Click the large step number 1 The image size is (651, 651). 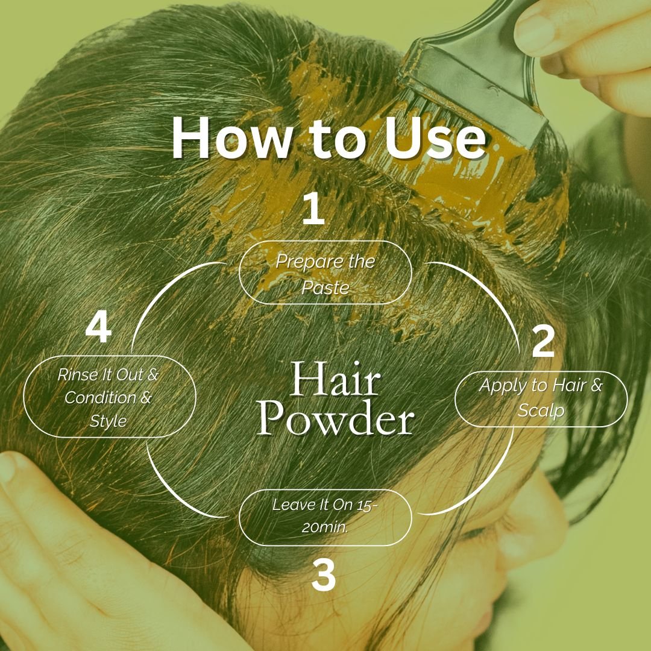point(313,209)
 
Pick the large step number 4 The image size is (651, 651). point(98,329)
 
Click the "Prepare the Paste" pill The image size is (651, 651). point(325,272)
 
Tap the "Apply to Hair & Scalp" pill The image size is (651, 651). point(541,398)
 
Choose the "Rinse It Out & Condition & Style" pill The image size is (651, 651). point(109,397)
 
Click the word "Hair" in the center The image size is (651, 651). point(335,381)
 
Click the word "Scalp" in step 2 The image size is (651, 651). point(541,410)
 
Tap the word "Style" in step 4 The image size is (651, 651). point(108,421)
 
